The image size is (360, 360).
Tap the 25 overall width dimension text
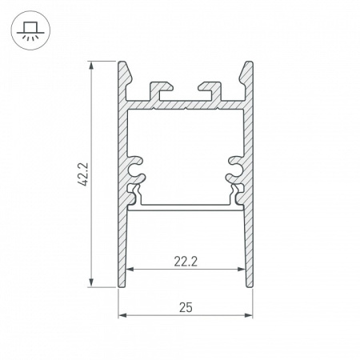click(186, 306)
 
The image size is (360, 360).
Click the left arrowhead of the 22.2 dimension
click(130, 270)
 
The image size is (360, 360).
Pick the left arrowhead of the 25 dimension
click(122, 315)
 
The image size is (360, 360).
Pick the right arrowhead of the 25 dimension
click(249, 315)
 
